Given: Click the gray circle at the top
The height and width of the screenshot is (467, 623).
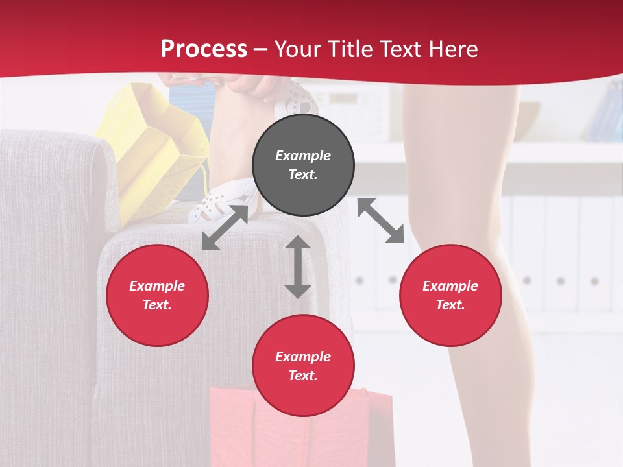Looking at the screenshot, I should [x=303, y=165].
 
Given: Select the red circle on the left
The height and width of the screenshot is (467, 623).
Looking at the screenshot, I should [x=157, y=296].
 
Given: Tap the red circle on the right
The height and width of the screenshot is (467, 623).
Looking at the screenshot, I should [x=450, y=296].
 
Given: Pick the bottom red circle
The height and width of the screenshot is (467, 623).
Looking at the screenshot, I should [x=303, y=366].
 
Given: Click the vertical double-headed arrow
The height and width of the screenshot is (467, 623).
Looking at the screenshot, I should [x=298, y=267].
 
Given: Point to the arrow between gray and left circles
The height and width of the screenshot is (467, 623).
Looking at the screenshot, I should [x=225, y=227].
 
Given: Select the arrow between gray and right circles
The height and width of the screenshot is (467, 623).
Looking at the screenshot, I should [x=381, y=221].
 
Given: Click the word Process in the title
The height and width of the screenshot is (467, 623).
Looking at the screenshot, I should [x=204, y=49].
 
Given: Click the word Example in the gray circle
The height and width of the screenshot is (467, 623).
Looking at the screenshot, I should [x=303, y=156].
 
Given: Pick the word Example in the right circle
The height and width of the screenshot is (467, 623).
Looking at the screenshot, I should [x=450, y=286].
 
